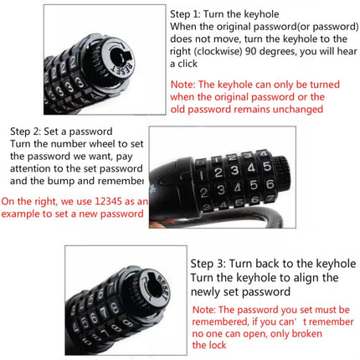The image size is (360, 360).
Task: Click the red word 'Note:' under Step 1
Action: tap(184, 85)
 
